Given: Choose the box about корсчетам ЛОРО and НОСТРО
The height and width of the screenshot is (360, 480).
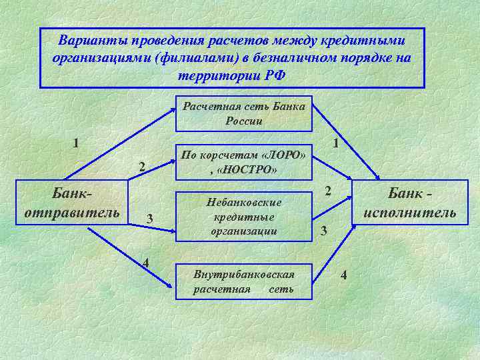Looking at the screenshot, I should pyautogui.click(x=243, y=162).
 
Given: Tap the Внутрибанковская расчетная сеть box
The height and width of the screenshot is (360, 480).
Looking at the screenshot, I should pyautogui.click(x=243, y=282).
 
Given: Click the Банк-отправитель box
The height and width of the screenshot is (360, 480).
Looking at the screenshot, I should pyautogui.click(x=72, y=203).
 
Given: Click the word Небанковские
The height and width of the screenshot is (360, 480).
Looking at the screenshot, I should pyautogui.click(x=245, y=202).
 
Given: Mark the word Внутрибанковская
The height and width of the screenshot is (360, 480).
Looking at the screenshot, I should pyautogui.click(x=243, y=275).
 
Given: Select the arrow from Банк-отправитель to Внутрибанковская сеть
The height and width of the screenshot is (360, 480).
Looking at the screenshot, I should pyautogui.click(x=127, y=257).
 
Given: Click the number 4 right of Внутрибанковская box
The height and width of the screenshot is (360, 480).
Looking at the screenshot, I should pyautogui.click(x=344, y=275).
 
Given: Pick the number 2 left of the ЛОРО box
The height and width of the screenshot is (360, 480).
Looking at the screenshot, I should pyautogui.click(x=141, y=167).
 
